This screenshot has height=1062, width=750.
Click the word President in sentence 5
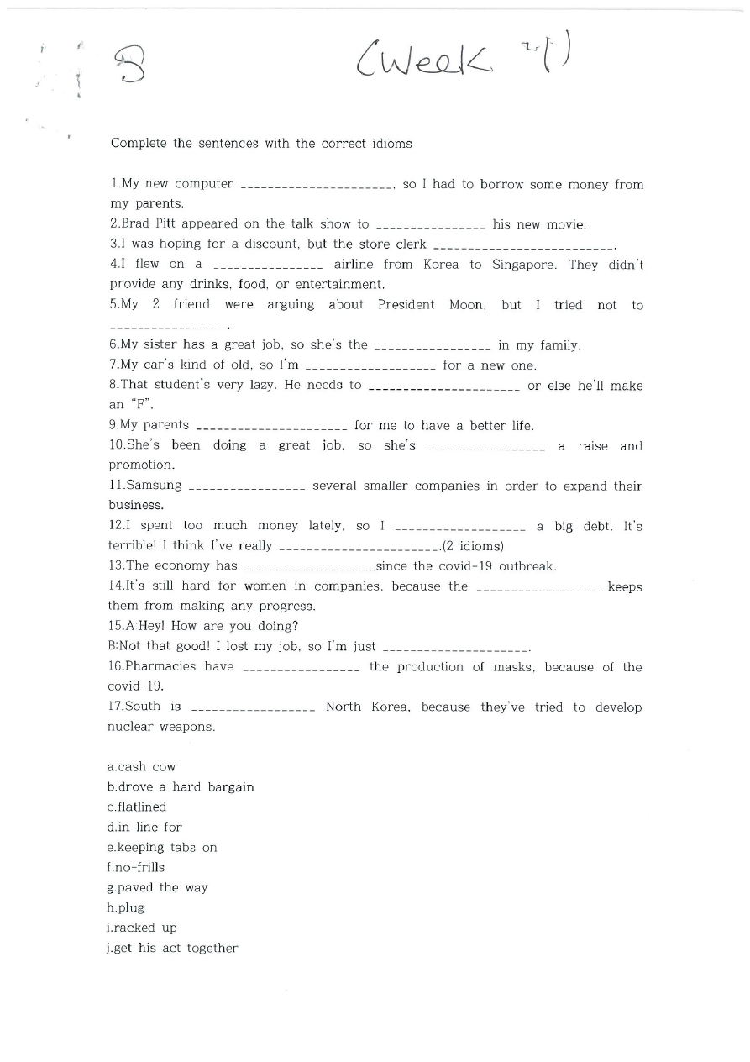[x=406, y=305]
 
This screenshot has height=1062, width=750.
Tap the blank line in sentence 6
[x=432, y=346]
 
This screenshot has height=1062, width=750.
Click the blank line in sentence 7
[x=370, y=366]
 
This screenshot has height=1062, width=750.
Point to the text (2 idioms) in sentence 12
[x=473, y=546]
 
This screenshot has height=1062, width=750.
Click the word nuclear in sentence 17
[x=131, y=727]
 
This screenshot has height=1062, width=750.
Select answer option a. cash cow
[x=142, y=767]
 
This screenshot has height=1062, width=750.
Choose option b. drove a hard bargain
[x=181, y=787]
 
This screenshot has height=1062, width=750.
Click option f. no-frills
[x=136, y=868]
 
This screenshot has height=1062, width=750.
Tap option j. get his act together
[x=172, y=949]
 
